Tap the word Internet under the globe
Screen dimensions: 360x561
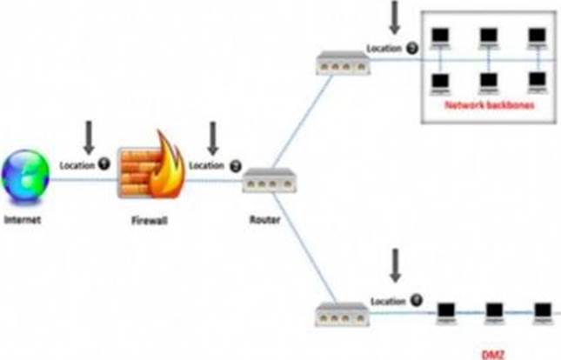23,220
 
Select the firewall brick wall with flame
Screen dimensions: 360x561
149,170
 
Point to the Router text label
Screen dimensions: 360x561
264,221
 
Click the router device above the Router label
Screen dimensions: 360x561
264,182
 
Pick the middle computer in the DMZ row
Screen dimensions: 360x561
495,310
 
